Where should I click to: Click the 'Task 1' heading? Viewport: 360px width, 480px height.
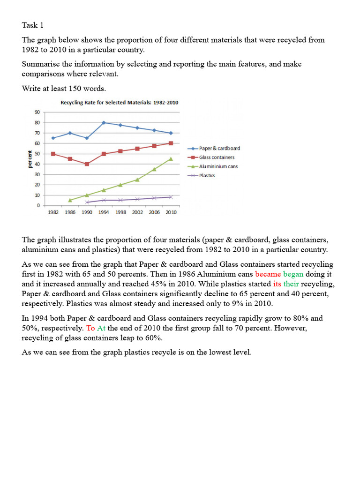tap(34, 25)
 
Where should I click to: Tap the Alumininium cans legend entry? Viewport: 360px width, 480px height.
tap(218, 166)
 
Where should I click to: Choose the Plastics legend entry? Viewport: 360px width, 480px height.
tap(207, 175)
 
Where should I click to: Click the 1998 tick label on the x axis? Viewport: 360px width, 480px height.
tap(120, 212)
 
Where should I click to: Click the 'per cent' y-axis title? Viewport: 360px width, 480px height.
tap(30, 158)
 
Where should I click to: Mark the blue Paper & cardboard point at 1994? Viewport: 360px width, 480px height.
tap(103, 122)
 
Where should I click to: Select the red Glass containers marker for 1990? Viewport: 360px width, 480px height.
tap(87, 164)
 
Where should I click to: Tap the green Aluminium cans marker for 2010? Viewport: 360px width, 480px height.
tap(171, 159)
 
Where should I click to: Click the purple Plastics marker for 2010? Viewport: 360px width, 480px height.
tap(171, 197)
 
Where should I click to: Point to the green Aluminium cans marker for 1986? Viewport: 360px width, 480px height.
tap(70, 200)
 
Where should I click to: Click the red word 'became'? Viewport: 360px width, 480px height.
tap(268, 274)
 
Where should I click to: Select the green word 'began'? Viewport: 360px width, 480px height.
tap(294, 274)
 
